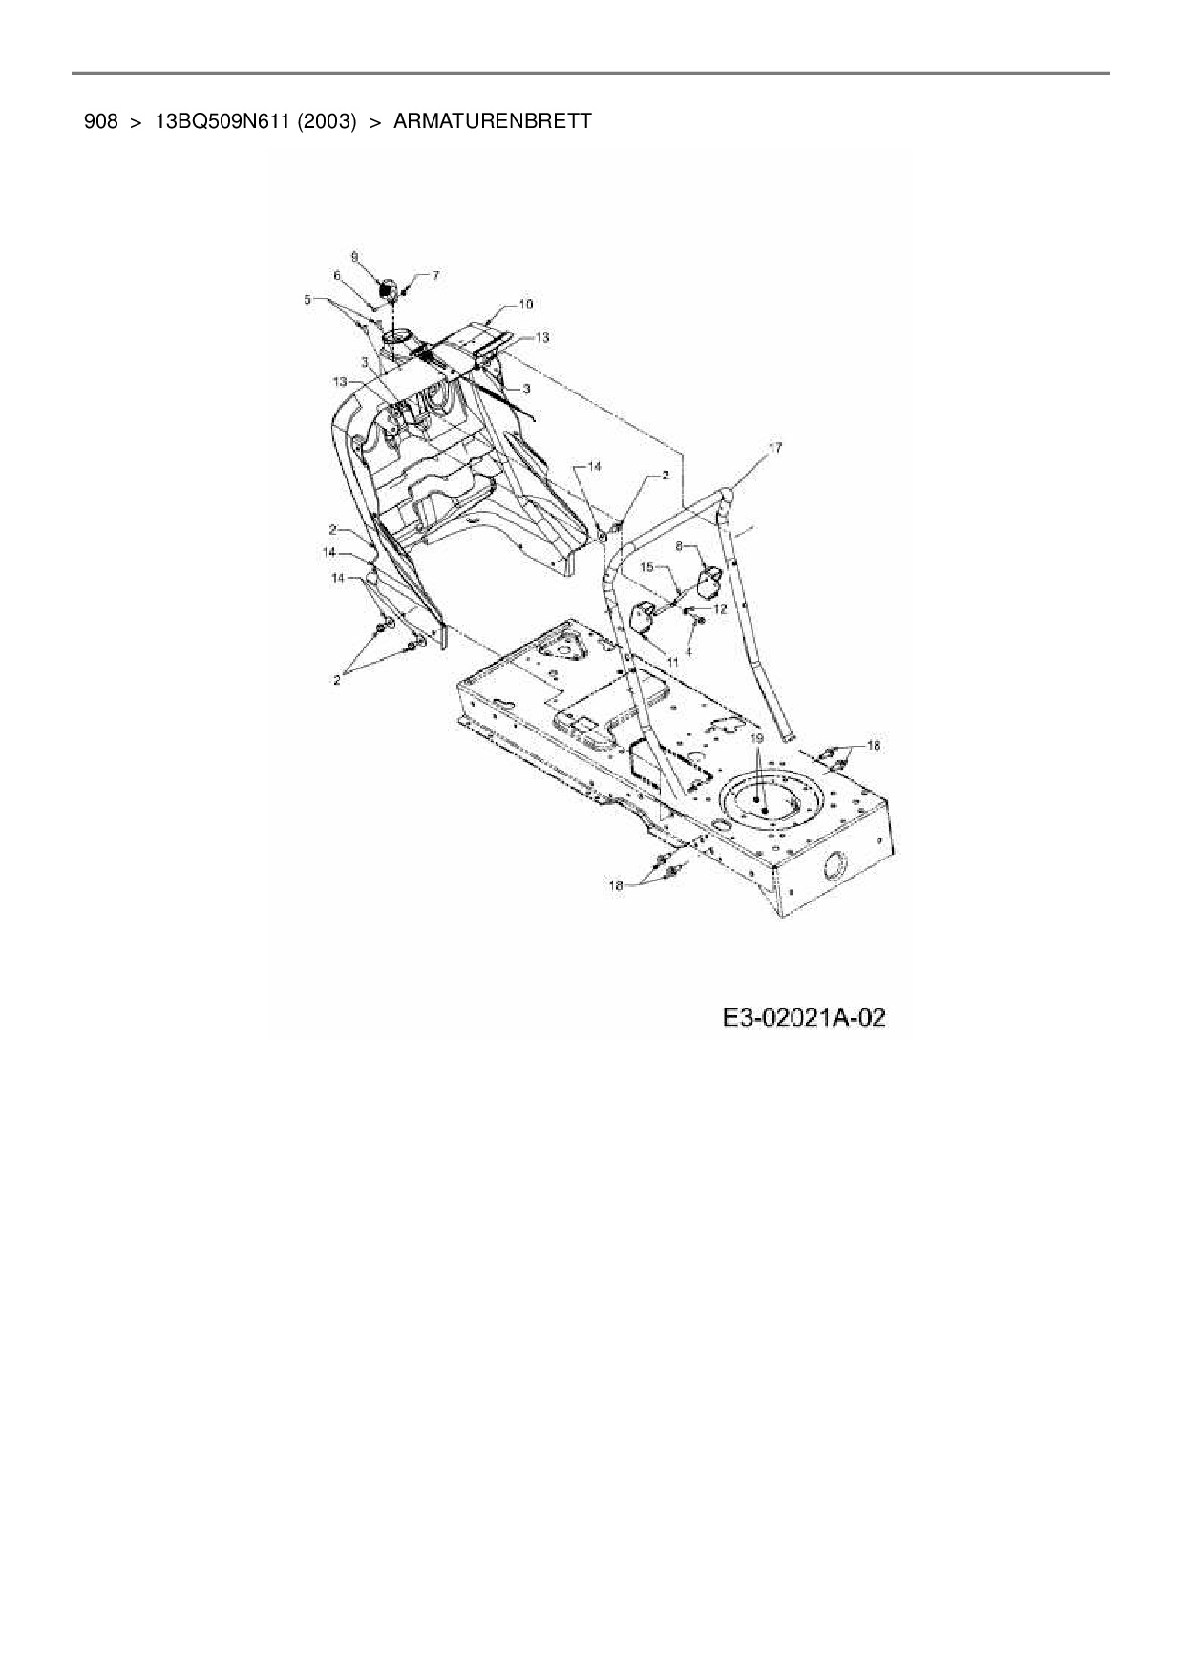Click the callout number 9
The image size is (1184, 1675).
pos(354,256)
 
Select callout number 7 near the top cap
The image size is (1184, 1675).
pos(435,275)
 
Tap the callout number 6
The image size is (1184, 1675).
pos(336,275)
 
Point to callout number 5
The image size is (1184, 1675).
pos(307,299)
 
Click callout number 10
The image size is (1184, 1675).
pos(525,304)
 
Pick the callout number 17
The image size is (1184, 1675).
pos(774,447)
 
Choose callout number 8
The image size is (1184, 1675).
pos(679,547)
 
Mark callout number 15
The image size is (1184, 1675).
pos(645,566)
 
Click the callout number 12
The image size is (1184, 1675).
pos(720,607)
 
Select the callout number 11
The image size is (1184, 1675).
pos(672,660)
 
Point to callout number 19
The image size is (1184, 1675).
pos(755,738)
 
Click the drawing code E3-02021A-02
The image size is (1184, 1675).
pos(804,1018)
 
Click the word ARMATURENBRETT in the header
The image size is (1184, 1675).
pos(492,121)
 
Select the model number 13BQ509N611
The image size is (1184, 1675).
pos(222,121)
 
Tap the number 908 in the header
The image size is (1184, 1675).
pos(100,121)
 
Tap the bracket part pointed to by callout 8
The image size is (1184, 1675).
pos(710,582)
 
